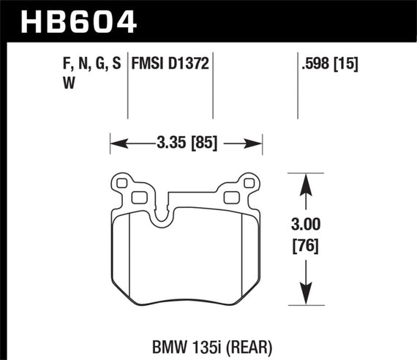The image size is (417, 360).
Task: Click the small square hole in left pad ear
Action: pos(137,196)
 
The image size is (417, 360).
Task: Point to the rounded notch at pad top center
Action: pos(162,214)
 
